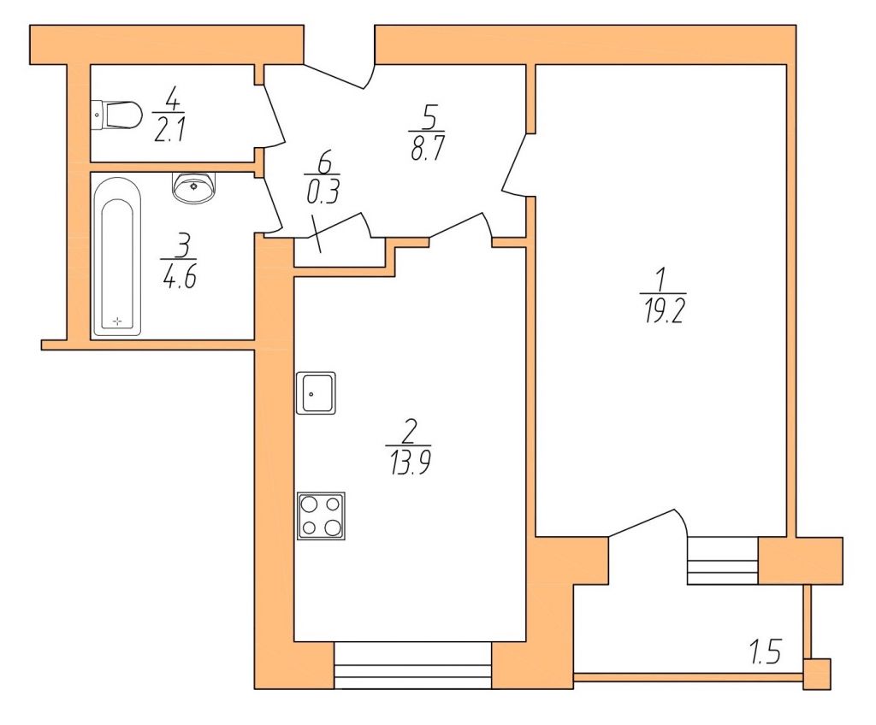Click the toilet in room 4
[x=116, y=115]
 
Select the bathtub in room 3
[x=117, y=257]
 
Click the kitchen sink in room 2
[x=316, y=392]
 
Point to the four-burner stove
[x=322, y=516]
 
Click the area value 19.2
[x=664, y=314]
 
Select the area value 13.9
[x=410, y=463]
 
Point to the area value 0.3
[x=323, y=193]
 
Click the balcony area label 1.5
[x=766, y=652]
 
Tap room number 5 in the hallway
[x=429, y=116]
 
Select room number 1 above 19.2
[x=661, y=280]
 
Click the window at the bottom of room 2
[x=413, y=665]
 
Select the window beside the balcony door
[x=723, y=561]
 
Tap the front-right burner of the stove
[x=333, y=528]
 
